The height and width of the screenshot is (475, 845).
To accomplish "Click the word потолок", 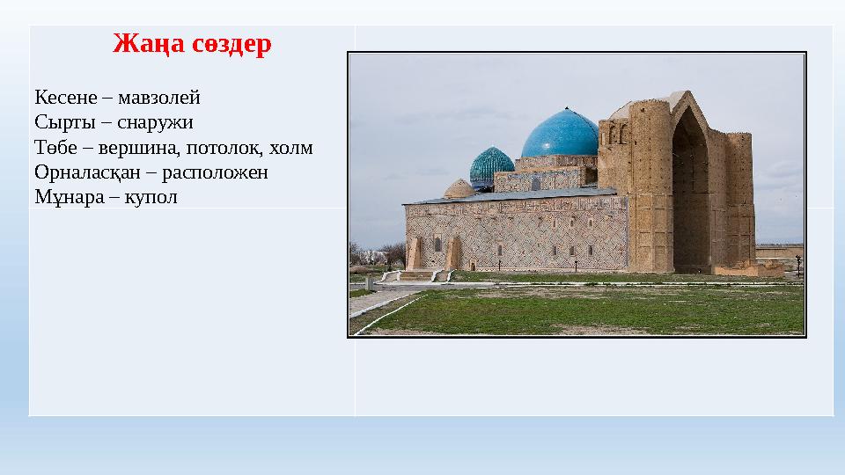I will (226, 147).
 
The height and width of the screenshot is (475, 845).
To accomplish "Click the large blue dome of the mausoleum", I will (560, 135).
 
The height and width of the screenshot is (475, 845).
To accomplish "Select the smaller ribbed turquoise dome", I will (491, 166).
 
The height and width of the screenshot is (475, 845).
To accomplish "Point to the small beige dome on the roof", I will (459, 188).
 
